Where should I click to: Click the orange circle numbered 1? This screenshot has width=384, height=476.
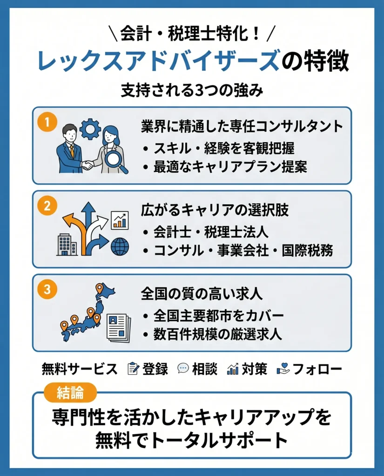point(47,122)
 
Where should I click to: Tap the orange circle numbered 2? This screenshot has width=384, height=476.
point(47,206)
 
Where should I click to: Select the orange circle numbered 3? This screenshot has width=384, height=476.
point(47,289)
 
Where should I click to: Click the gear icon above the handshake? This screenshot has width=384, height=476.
point(90,129)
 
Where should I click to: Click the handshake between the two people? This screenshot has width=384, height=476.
point(88,165)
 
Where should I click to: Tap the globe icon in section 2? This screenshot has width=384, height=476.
point(120,246)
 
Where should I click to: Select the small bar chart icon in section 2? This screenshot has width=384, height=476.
point(120,220)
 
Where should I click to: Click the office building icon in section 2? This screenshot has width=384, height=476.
point(67,245)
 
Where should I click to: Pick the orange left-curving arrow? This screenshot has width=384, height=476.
point(76,231)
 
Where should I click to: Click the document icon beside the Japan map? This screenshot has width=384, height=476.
point(119,328)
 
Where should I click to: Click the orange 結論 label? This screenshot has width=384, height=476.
point(70,393)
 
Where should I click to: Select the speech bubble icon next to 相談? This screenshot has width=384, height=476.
point(183,369)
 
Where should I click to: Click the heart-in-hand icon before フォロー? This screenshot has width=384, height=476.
point(283,369)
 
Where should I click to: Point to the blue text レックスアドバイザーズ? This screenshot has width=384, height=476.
point(158,61)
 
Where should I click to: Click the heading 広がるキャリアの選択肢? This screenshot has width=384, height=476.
point(215,210)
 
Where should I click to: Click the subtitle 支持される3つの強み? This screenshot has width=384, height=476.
point(192,90)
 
